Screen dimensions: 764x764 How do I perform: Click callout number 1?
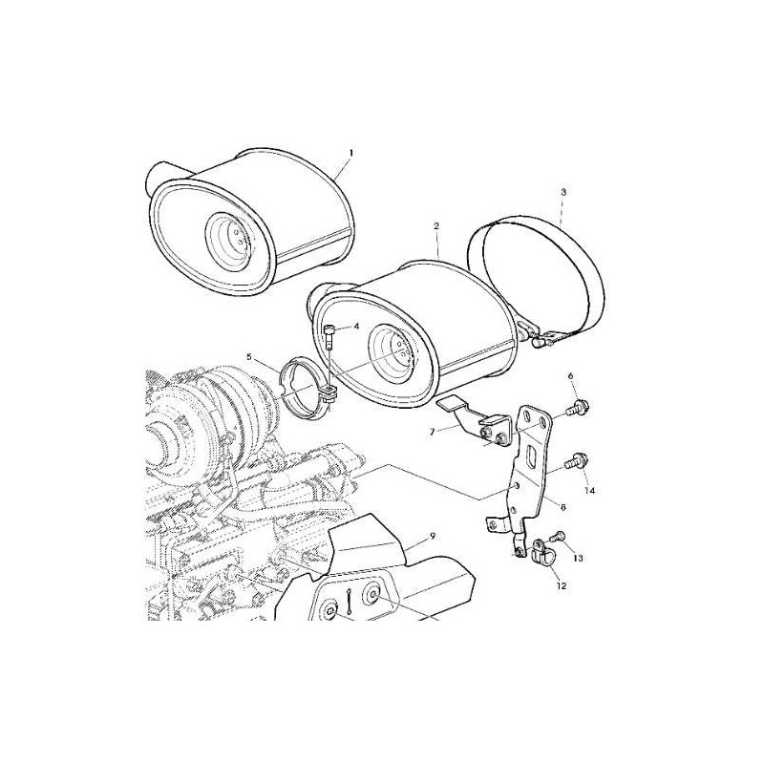(x=350, y=153)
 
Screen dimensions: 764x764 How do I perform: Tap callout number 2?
(x=436, y=225)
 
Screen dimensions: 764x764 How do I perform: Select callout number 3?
(x=563, y=192)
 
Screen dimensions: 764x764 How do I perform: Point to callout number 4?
(x=356, y=326)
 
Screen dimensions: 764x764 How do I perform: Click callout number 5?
(x=249, y=357)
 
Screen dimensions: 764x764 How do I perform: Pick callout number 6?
(x=570, y=375)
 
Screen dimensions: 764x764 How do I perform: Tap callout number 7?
(x=432, y=432)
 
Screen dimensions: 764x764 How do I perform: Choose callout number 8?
(x=562, y=507)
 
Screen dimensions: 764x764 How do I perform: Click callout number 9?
(x=433, y=537)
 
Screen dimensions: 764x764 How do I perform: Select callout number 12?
(x=562, y=586)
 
